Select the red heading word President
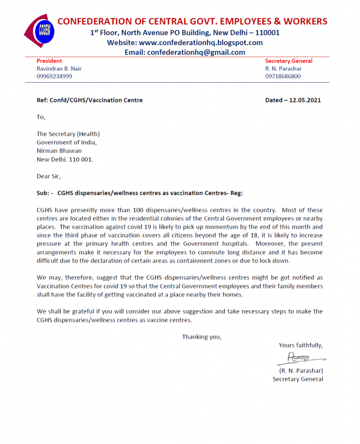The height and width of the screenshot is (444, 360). pos(49,61)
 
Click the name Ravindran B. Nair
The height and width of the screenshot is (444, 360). pos(59,69)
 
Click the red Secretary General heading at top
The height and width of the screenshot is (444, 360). pos(288,61)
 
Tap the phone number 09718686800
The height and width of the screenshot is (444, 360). pos(283,77)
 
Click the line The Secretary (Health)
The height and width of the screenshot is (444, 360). pos(68,134)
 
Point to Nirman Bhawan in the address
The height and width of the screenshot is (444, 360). pos(59,150)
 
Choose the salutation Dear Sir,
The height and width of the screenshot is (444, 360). pos(48,176)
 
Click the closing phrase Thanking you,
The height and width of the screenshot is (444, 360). pos(202,336)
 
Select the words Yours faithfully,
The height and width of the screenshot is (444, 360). pos(301,345)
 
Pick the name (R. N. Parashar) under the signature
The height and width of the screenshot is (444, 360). pos(301,370)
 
